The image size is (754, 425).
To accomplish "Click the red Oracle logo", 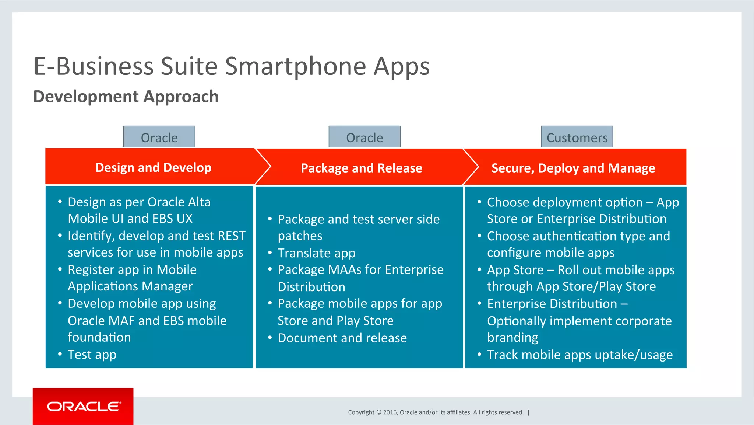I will pyautogui.click(x=83, y=406).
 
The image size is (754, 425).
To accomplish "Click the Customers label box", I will pyautogui.click(x=577, y=137).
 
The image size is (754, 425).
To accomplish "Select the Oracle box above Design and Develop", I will pyautogui.click(x=159, y=137).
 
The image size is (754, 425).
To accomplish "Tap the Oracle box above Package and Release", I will pyautogui.click(x=364, y=137).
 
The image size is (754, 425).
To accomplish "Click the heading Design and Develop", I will pyautogui.click(x=153, y=167).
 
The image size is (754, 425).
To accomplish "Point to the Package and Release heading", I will pyautogui.click(x=361, y=168).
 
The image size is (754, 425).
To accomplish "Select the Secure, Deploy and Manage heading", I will pyautogui.click(x=573, y=168).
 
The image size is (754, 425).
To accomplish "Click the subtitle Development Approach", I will pyautogui.click(x=126, y=97).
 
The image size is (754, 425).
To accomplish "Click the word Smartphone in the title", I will pyautogui.click(x=296, y=66).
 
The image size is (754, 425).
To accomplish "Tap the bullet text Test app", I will pyautogui.click(x=92, y=355).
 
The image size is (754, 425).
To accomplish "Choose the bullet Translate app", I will pyautogui.click(x=316, y=253).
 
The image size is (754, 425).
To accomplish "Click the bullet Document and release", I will pyautogui.click(x=342, y=338).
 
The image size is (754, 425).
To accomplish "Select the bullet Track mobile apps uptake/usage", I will pyautogui.click(x=579, y=355).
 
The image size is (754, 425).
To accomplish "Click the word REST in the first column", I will pyautogui.click(x=231, y=236).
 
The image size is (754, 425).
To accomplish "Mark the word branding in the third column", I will pyautogui.click(x=512, y=338).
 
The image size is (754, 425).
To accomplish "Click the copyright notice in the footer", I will pyautogui.click(x=436, y=412).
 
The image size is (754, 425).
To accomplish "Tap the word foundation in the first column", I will pyautogui.click(x=99, y=337).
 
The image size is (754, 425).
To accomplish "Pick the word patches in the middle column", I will pyautogui.click(x=300, y=236).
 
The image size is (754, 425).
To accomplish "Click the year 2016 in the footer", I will pyautogui.click(x=390, y=412).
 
